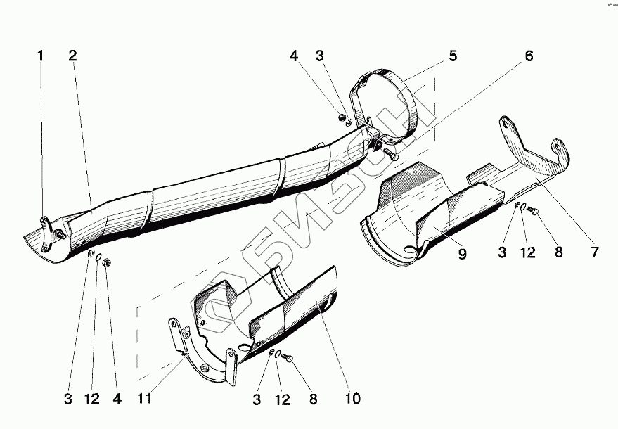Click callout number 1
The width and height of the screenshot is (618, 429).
tap(41, 56)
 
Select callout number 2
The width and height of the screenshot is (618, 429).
tap(72, 56)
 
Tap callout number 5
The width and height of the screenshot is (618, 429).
tap(453, 56)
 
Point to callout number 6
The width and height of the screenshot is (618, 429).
tap(528, 56)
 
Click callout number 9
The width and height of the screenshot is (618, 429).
tap(462, 254)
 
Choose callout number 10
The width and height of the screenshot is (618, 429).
tap(352, 399)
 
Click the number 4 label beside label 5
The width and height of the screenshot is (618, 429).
tap(293, 55)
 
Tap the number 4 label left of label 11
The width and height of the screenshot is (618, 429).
tap(117, 399)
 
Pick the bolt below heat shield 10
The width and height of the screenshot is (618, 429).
tap(288, 359)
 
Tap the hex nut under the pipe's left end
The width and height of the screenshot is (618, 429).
tap(108, 262)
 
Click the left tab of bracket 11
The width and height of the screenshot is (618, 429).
tap(173, 331)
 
